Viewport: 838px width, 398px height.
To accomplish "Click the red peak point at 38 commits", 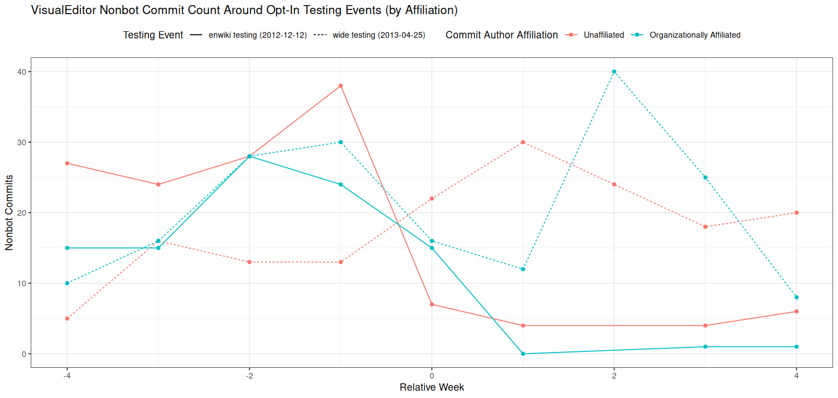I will tap(340, 86).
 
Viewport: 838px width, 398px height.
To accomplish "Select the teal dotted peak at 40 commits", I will tap(614, 72).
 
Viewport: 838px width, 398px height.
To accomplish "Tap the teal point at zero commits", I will tap(523, 354).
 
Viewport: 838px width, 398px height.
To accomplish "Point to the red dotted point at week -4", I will tap(67, 318).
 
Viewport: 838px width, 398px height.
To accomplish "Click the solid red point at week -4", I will tap(67, 163).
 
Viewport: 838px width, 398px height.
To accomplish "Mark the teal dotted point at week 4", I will tap(796, 297).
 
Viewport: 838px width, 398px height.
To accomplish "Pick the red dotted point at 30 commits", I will tap(523, 142).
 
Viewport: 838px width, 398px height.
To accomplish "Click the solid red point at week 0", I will tap(432, 304).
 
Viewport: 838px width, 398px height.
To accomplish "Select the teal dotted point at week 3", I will tap(705, 177).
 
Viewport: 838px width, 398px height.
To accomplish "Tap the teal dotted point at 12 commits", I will tap(523, 269).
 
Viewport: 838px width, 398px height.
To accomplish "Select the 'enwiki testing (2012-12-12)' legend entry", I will tap(257, 35).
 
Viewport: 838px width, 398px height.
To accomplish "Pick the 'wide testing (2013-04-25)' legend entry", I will tap(378, 35).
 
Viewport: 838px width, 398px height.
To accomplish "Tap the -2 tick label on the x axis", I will tap(249, 376).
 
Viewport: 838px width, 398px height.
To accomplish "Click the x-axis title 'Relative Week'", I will tap(432, 388).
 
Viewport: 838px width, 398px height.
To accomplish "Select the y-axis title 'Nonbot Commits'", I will tap(9, 213).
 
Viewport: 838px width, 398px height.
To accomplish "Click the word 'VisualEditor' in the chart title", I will tap(64, 11).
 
